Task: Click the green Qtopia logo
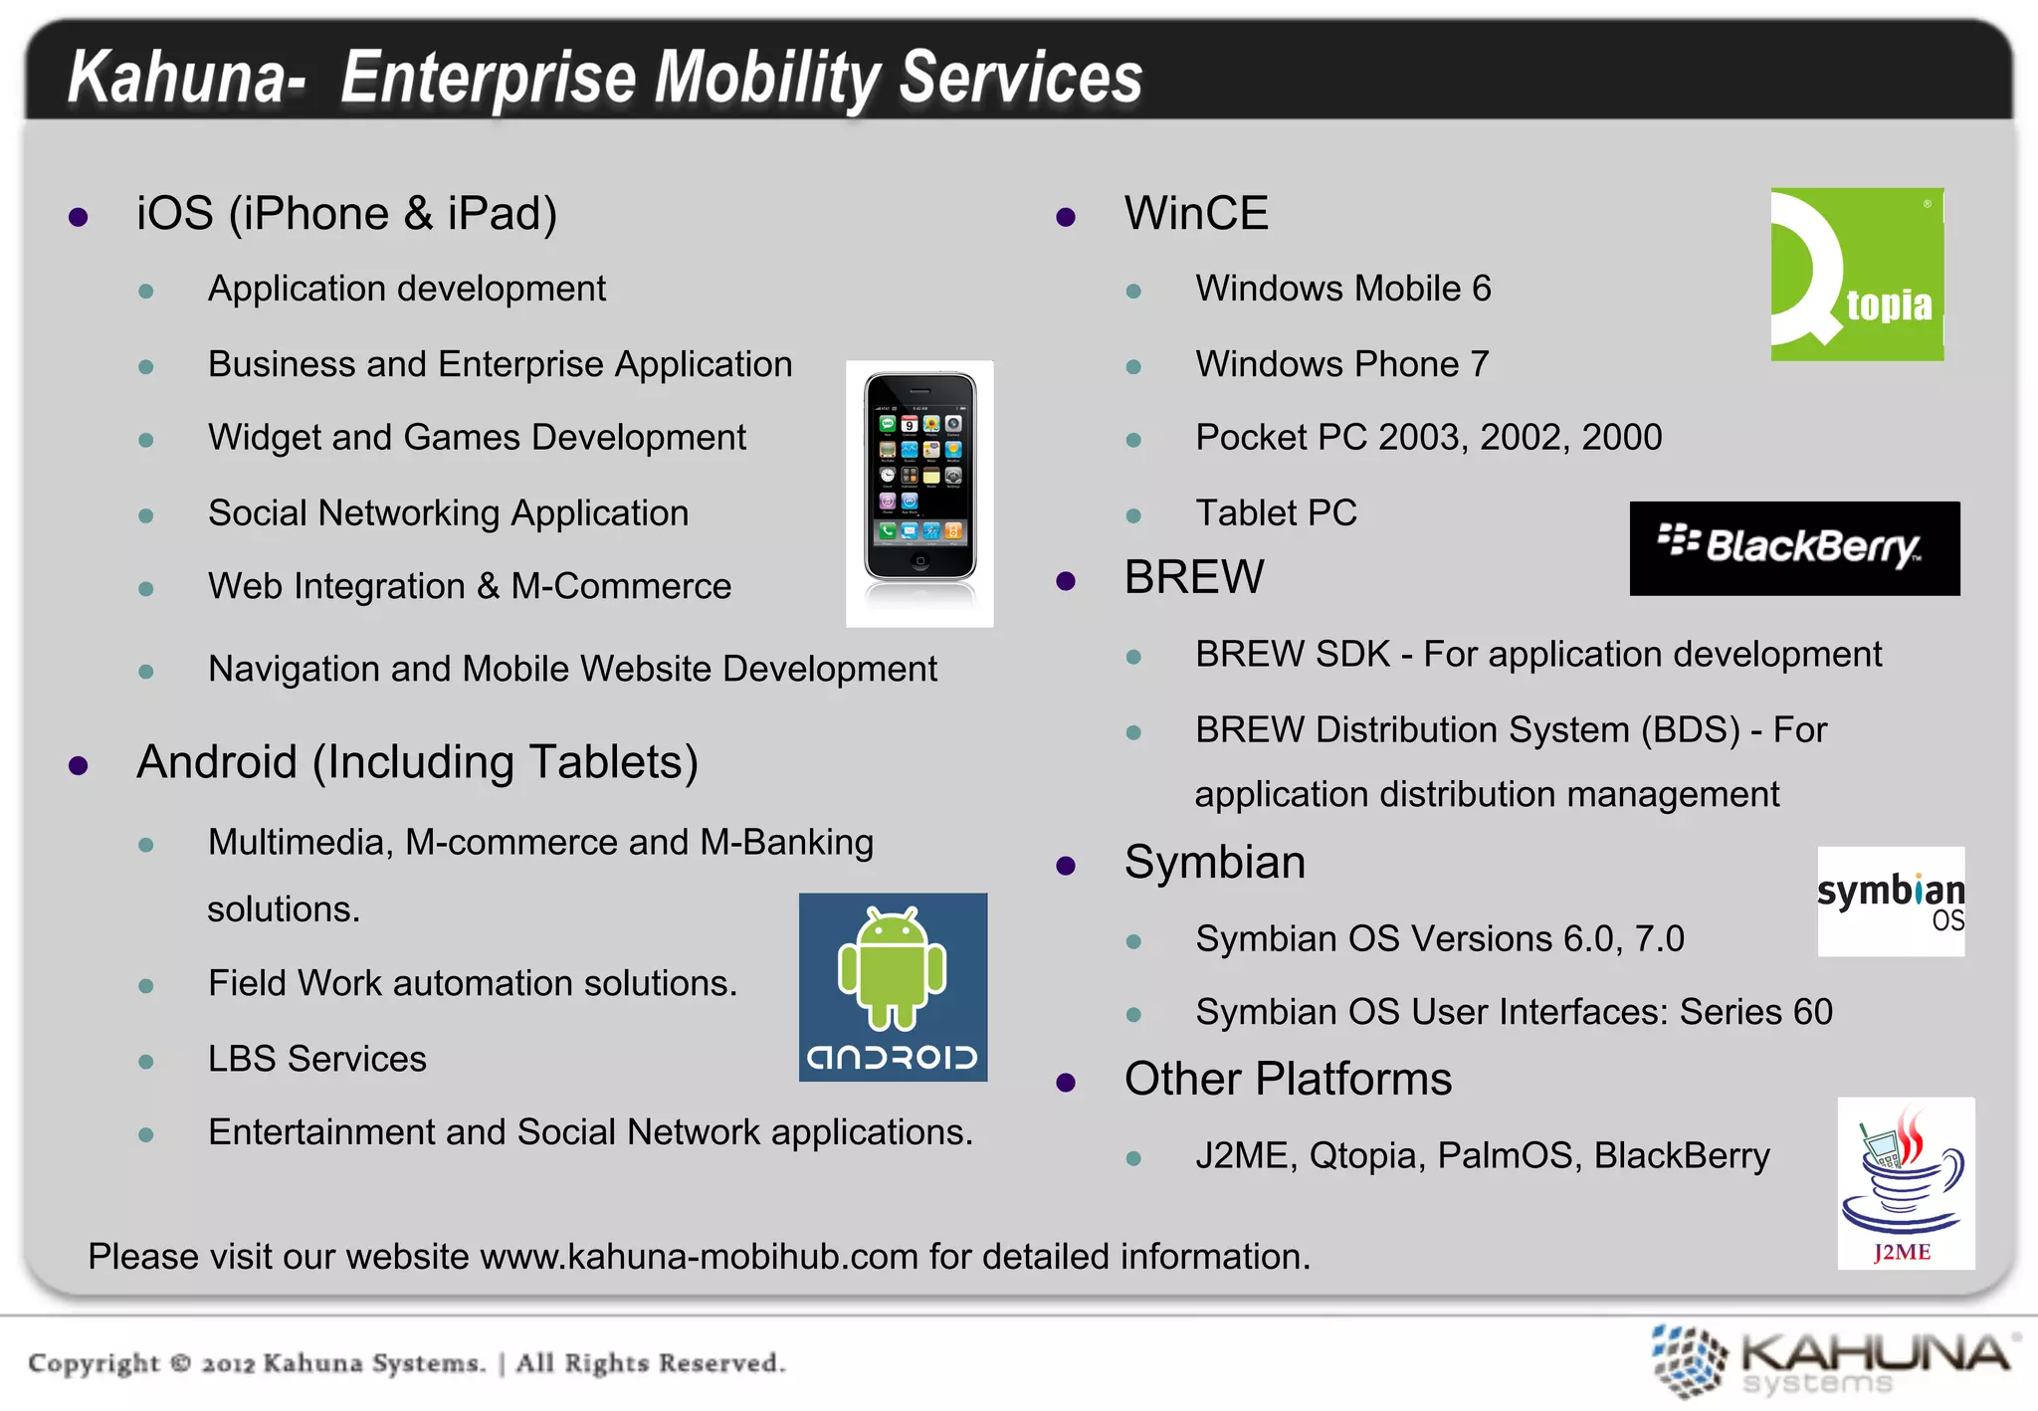point(1857,274)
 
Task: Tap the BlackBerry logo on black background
point(1794,548)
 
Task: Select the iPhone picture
point(919,493)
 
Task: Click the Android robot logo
point(893,986)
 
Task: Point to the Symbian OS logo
point(1891,901)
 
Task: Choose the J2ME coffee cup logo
point(1905,1182)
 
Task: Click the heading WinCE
point(1196,213)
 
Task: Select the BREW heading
point(1194,577)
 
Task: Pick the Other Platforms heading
point(1288,1079)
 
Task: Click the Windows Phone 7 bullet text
point(1341,364)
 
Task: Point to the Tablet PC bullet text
point(1276,512)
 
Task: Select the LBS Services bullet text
point(316,1059)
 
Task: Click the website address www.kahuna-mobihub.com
point(699,1257)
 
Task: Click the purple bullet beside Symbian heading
point(1066,866)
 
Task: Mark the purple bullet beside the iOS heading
point(79,217)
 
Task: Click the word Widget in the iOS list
point(264,438)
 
